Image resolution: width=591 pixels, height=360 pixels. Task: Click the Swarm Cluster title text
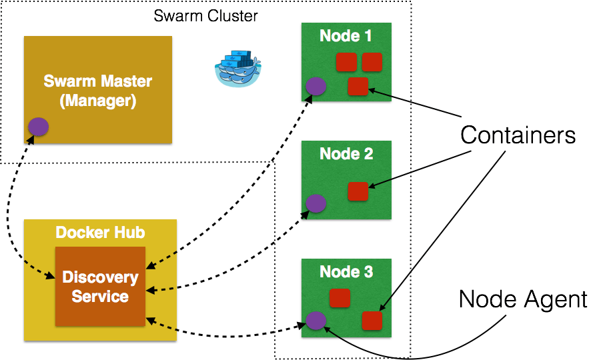tap(205, 15)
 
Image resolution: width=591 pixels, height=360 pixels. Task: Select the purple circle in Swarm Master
tap(39, 127)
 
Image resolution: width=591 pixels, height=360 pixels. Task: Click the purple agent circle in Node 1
tap(316, 86)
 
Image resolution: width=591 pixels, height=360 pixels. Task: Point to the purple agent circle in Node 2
tap(316, 204)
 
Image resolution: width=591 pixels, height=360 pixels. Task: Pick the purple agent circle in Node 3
tap(316, 321)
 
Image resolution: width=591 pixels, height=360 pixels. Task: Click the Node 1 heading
tap(346, 36)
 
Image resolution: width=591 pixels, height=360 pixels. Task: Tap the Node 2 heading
tap(346, 154)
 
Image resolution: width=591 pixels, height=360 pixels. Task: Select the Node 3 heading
tap(346, 272)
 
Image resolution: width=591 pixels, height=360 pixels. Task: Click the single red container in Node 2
tap(358, 191)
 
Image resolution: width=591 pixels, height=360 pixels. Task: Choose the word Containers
tap(518, 136)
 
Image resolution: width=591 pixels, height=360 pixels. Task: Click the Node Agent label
tap(523, 299)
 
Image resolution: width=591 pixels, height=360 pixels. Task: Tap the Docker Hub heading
tap(100, 233)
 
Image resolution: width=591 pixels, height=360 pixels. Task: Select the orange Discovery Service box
tap(100, 286)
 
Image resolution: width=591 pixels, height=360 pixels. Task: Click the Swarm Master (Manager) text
tap(97, 91)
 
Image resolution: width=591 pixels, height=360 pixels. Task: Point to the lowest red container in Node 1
tap(358, 87)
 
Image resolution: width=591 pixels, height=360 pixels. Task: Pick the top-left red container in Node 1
tap(346, 63)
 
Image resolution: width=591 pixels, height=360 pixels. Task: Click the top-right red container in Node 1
tap(372, 63)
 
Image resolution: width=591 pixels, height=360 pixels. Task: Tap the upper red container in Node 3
tap(340, 298)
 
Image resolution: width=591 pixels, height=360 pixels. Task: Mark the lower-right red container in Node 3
tap(372, 321)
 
